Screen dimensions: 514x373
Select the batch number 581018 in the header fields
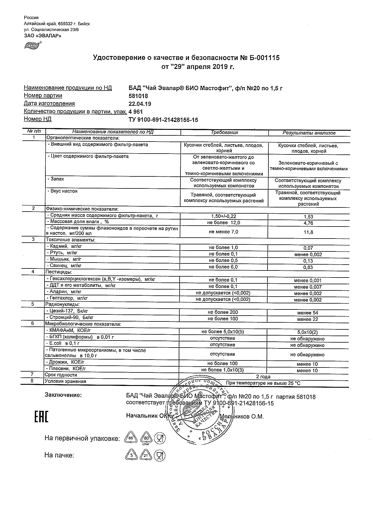[138, 96]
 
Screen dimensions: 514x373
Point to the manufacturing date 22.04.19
[140, 104]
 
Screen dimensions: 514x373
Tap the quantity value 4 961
[136, 112]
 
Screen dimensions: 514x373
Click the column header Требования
[224, 132]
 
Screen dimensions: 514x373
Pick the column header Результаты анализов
[309, 133]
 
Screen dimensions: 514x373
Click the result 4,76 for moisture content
[308, 223]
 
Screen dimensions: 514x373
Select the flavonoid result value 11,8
[308, 232]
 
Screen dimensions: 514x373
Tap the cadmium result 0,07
[308, 248]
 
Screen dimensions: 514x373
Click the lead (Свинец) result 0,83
[308, 267]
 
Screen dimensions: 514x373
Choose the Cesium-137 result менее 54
[307, 313]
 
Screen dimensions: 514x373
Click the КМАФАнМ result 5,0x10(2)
[307, 332]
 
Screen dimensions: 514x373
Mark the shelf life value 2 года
[263, 377]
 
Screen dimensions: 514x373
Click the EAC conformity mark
[41, 417]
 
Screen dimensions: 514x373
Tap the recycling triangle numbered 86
[131, 438]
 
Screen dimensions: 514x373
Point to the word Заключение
[63, 395]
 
